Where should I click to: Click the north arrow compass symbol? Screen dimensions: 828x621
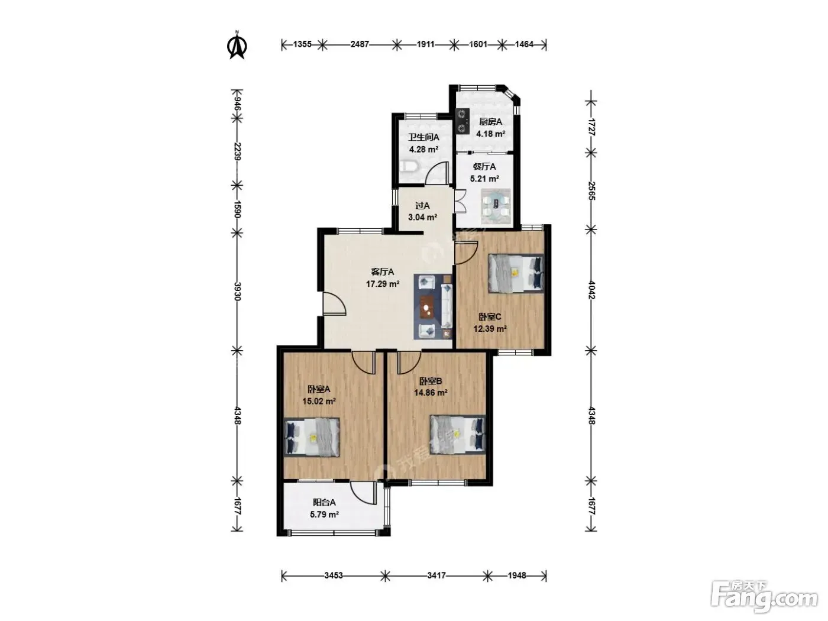pyautogui.click(x=237, y=46)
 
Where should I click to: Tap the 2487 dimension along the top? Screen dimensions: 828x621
pyautogui.click(x=360, y=44)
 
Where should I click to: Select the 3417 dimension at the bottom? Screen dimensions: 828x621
pyautogui.click(x=436, y=575)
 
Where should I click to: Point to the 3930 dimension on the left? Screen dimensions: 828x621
pyautogui.click(x=237, y=292)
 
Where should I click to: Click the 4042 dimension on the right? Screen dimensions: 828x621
pyautogui.click(x=591, y=290)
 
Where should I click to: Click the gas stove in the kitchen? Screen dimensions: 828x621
pyautogui.click(x=462, y=121)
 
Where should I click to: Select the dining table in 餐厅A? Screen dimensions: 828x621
pyautogui.click(x=496, y=207)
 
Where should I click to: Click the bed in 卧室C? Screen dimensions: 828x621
pyautogui.click(x=516, y=273)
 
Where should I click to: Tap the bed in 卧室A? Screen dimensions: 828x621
pyautogui.click(x=312, y=437)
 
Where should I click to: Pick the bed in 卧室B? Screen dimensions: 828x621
pyautogui.click(x=458, y=434)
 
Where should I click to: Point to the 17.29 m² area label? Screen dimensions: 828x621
pyautogui.click(x=383, y=284)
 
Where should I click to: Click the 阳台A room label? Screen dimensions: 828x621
pyautogui.click(x=324, y=502)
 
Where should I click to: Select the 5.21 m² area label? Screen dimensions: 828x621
pyautogui.click(x=484, y=179)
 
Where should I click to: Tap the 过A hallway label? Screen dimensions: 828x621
pyautogui.click(x=422, y=205)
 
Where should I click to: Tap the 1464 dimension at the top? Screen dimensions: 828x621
pyautogui.click(x=524, y=44)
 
